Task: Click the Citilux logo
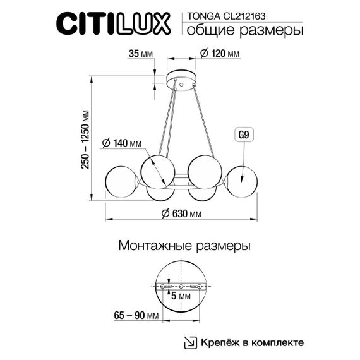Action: [x=114, y=24]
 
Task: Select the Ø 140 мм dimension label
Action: [x=121, y=143]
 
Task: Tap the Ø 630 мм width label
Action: [x=181, y=213]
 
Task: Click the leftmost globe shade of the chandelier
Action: [x=121, y=181]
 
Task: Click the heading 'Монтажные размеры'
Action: [x=184, y=246]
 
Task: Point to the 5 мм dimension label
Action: [x=181, y=296]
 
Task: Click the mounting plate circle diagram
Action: [x=181, y=286]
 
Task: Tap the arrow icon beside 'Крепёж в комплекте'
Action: [x=190, y=342]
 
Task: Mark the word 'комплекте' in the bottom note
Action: [x=278, y=342]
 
